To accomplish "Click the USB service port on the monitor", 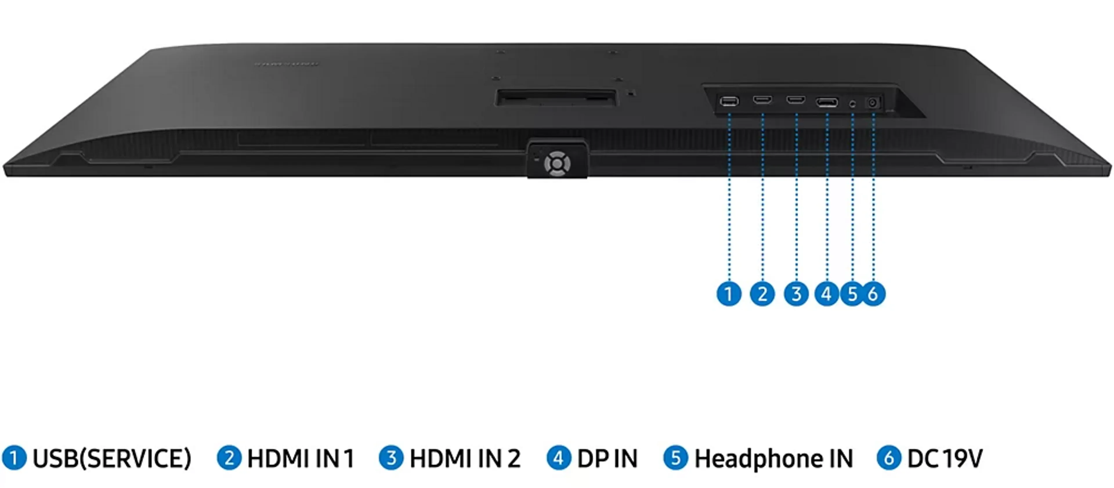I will point(729,102).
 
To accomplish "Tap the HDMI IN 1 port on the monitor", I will point(762,100).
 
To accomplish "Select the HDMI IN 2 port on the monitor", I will point(796,100).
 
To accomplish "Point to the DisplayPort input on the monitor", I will point(827,102).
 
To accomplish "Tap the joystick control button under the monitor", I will point(557,164).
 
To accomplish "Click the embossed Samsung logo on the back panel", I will point(286,64).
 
